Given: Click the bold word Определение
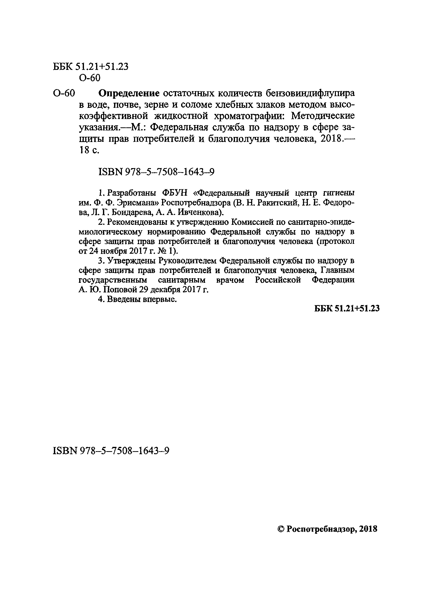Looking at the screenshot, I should point(129,93).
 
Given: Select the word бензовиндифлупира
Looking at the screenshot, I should point(310,93).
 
